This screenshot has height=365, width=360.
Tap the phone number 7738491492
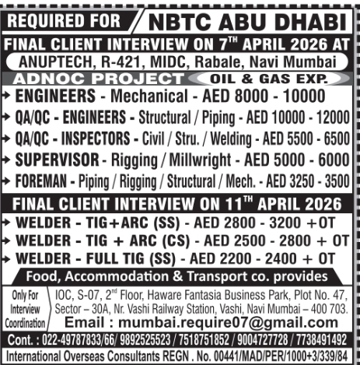(x=323, y=341)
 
